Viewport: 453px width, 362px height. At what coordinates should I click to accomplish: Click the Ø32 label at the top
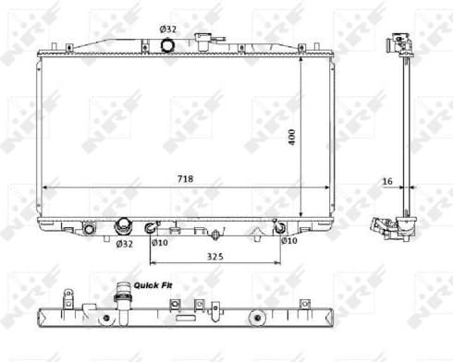pyautogui.click(x=168, y=29)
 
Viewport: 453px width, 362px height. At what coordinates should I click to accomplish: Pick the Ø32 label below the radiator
pyautogui.click(x=124, y=244)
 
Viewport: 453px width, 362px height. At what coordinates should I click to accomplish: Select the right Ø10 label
pyautogui.click(x=288, y=241)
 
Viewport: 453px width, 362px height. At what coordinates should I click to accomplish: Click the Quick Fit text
pyautogui.click(x=152, y=286)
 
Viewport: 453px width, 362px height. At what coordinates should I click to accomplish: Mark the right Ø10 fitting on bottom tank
pyautogui.click(x=279, y=226)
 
